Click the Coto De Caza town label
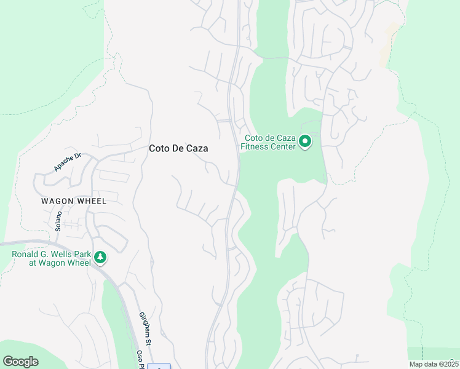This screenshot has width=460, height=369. click(178, 148)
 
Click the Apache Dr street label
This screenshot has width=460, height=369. click(67, 162)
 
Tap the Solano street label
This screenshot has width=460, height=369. click(59, 220)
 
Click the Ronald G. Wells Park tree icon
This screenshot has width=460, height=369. click(100, 258)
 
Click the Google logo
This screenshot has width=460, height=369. click(20, 362)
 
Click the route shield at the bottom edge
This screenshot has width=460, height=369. click(159, 367)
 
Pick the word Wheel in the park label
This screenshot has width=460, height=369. click(77, 263)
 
